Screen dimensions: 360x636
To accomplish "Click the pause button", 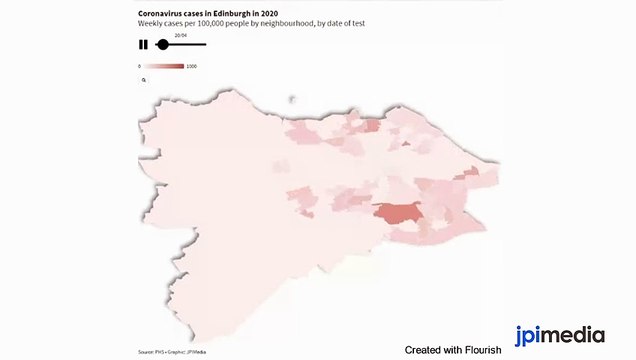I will point(143,44).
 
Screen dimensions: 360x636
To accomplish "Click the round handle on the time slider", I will point(163,44).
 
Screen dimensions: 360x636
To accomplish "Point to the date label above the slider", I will point(180,34).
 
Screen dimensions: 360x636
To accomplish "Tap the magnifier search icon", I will point(144,78).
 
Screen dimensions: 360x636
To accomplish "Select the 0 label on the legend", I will point(140,66).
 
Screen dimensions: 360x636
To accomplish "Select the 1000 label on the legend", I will point(191,66).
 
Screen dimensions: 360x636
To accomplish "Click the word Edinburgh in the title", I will point(232,13).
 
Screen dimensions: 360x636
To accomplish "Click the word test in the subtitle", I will point(356,22).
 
